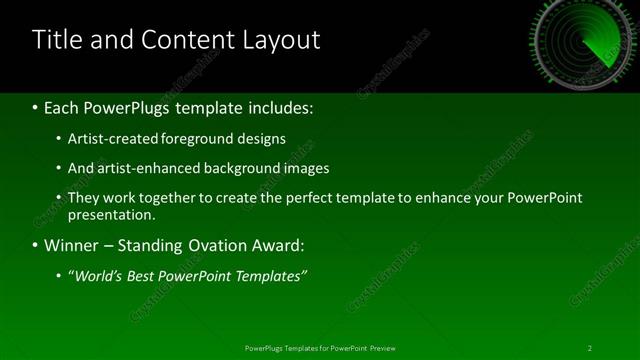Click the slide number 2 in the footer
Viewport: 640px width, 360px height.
pos(590,348)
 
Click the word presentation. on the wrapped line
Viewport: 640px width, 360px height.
pos(112,214)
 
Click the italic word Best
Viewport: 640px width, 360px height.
pos(151,275)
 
